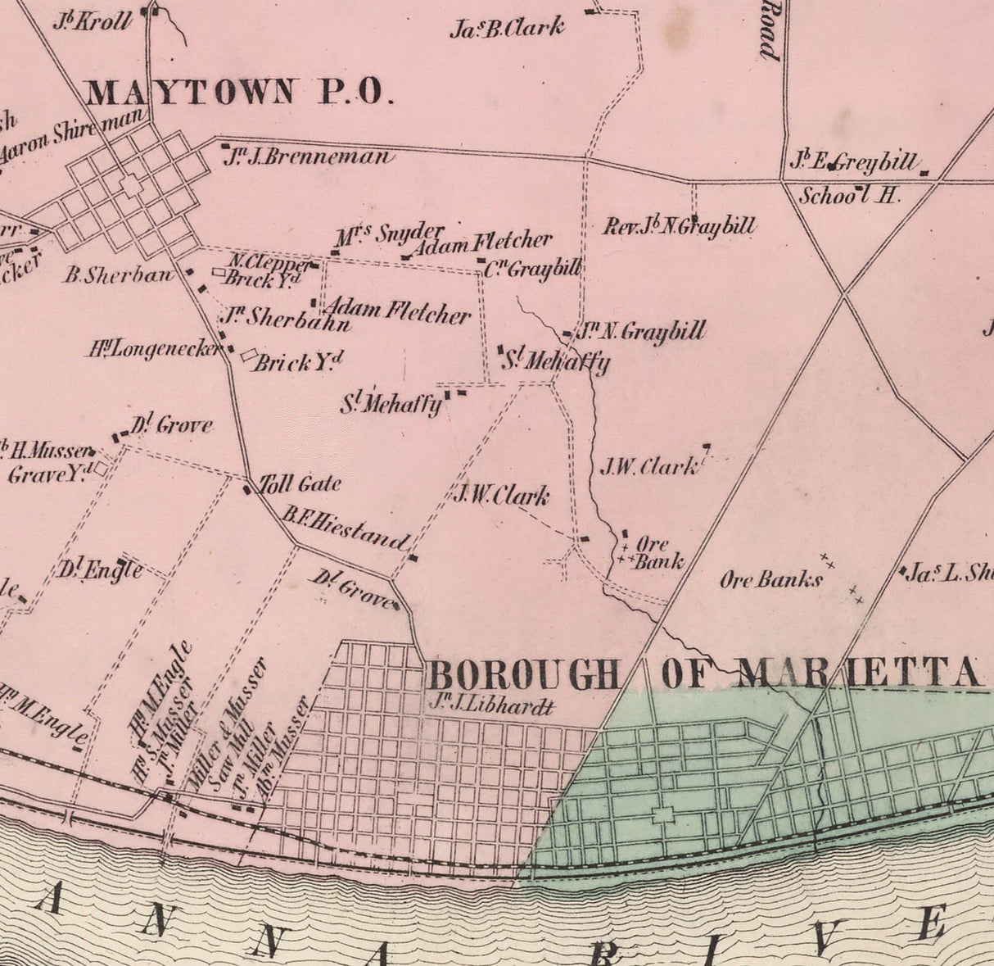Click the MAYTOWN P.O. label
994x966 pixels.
coord(235,92)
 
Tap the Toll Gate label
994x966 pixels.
coord(300,484)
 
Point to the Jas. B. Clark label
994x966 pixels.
coord(507,29)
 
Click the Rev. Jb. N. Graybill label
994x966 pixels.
coord(679,226)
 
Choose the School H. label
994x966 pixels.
coord(849,196)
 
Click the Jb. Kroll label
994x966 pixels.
coord(92,20)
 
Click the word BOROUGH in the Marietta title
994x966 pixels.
coord(524,676)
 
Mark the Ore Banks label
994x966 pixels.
coord(771,581)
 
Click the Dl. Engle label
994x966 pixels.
coord(101,569)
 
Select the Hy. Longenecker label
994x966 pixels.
coord(156,350)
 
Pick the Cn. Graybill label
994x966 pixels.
coord(532,269)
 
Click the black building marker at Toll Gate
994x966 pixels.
coord(247,490)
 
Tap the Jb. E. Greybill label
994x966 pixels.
coord(853,162)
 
